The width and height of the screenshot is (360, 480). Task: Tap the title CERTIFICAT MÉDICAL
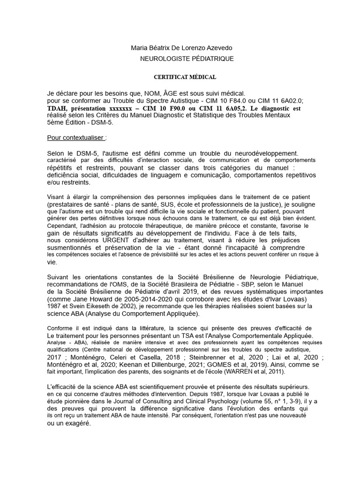[x=186, y=77]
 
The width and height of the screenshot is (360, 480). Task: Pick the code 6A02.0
[x=290, y=101]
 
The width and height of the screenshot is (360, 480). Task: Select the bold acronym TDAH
[x=57, y=108]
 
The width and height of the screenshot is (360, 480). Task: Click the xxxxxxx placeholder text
[x=123, y=108]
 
